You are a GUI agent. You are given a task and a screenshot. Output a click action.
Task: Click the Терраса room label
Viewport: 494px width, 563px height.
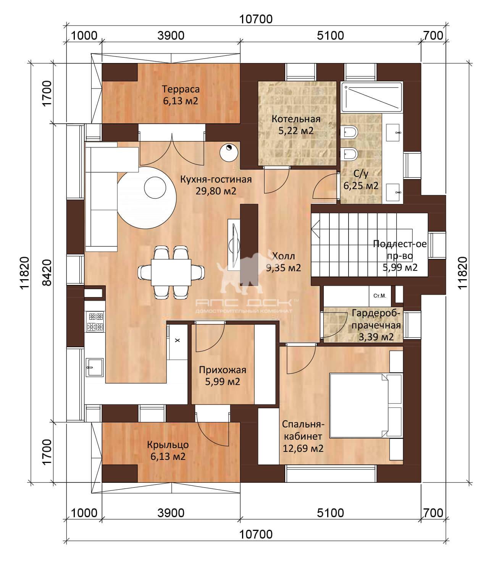(181, 95)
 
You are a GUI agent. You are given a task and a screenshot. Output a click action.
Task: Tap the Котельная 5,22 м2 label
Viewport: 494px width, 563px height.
(296, 125)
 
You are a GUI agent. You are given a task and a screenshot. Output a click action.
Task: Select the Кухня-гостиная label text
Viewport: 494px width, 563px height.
(216, 185)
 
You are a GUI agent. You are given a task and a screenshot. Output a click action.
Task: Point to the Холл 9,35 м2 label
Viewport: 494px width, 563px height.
(283, 262)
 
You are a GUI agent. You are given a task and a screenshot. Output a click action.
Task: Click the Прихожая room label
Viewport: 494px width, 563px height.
(223, 375)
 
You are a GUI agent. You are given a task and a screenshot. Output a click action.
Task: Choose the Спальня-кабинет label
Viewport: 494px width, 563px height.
(303, 436)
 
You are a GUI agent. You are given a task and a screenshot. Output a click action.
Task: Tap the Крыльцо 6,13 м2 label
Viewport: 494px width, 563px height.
(168, 450)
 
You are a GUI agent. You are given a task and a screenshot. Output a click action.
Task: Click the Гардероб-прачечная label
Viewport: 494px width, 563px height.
(376, 325)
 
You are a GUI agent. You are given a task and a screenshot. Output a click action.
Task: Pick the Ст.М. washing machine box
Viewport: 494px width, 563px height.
(380, 296)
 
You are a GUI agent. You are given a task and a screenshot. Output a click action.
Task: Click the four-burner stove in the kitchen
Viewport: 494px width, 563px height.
(95, 322)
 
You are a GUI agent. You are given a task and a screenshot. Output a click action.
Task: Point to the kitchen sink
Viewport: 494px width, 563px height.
(94, 367)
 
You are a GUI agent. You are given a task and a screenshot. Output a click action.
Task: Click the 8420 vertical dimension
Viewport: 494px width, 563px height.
(47, 273)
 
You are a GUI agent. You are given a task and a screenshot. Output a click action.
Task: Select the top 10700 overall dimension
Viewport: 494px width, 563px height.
(256, 19)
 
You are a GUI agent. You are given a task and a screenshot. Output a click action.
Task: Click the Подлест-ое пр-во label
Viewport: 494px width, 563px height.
(400, 256)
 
